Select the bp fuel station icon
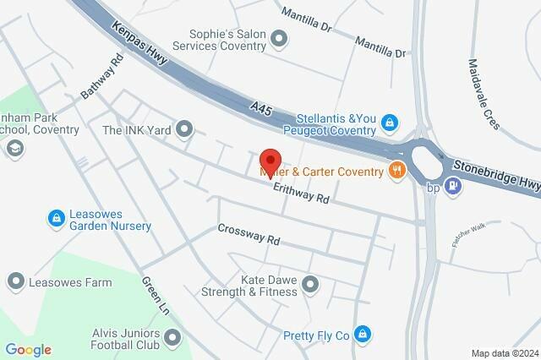click(x=453, y=187)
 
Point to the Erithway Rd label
click(x=300, y=196)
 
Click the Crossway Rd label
click(x=249, y=234)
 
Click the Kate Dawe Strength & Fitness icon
click(x=310, y=285)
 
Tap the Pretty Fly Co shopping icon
click(x=363, y=335)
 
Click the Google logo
click(x=28, y=349)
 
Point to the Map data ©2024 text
click(x=504, y=353)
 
